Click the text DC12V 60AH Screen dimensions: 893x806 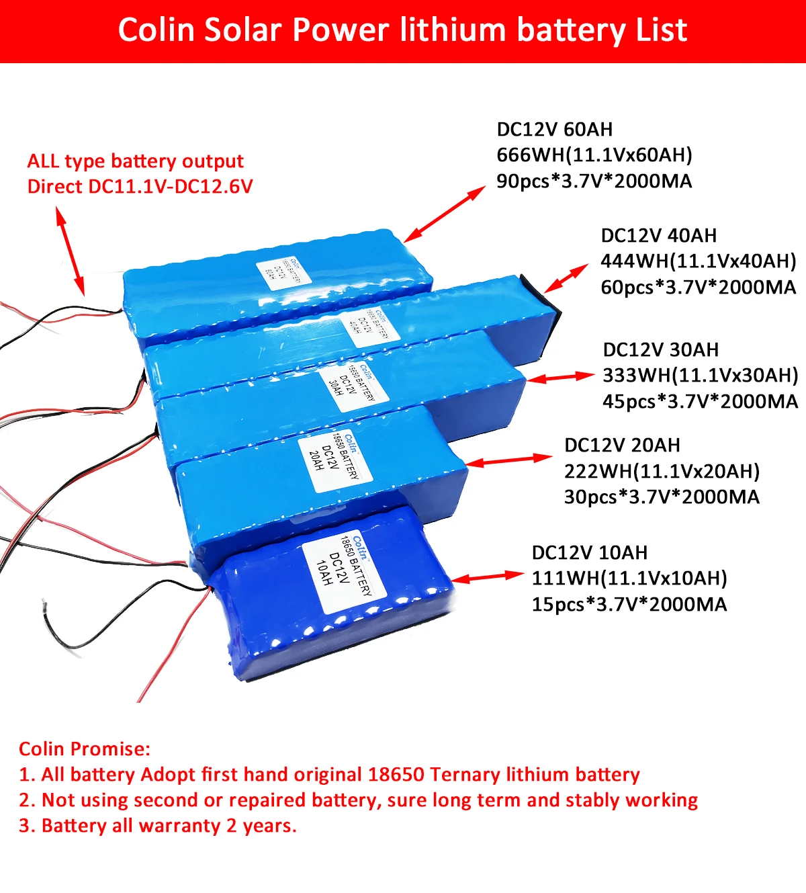pos(555,129)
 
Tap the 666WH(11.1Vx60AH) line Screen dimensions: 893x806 pos(594,155)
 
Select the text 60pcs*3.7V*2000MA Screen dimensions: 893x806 pos(698,288)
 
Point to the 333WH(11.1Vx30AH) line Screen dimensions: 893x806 pos(700,376)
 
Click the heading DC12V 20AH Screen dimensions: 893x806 pos(622,445)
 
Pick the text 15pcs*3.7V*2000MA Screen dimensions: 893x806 pos(629,605)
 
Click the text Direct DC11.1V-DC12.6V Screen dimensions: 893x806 pos(140,187)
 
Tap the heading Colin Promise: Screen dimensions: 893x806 pos(85,749)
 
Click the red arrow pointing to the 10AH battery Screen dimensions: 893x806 pos(487,577)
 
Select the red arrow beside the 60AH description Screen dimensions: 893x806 pos(445,213)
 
